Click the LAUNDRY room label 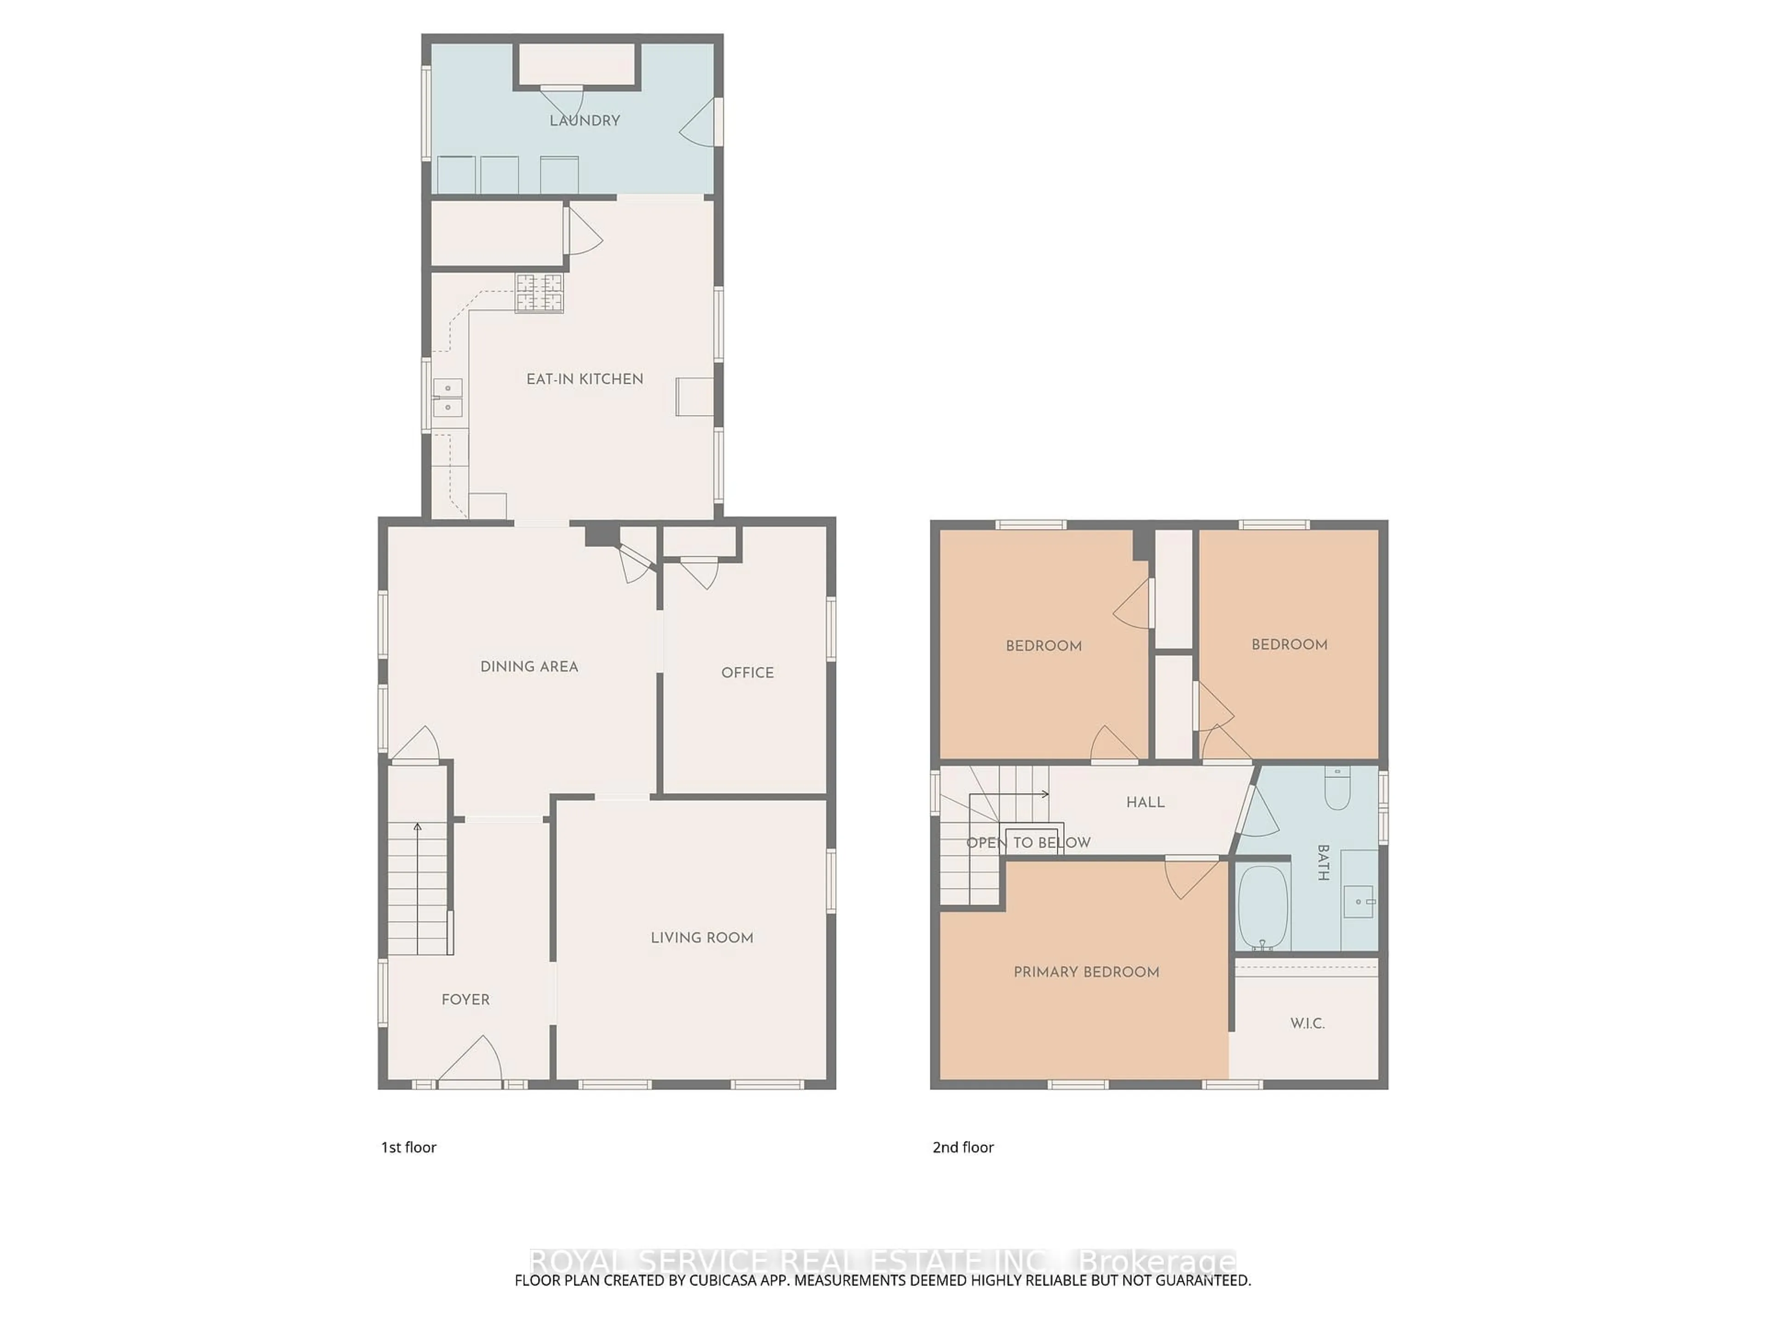coord(585,121)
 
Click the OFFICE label coord(747,673)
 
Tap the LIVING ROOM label coord(702,938)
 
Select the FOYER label coord(465,1000)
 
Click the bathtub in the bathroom coord(1263,908)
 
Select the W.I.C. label coord(1307,1023)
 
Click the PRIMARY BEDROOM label coord(1086,972)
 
